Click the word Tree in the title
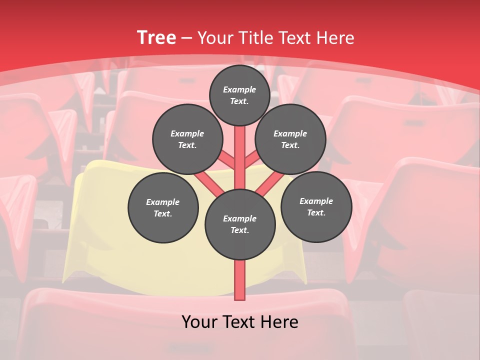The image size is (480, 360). (156, 37)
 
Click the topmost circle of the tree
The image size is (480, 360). (239, 95)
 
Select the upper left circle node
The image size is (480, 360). (187, 139)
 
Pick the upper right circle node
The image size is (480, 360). (290, 139)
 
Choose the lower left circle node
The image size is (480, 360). (163, 207)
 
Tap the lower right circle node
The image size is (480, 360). (316, 206)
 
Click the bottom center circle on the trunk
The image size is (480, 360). (240, 224)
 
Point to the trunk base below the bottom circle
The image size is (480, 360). (240, 280)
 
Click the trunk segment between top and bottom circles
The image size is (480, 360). (240, 160)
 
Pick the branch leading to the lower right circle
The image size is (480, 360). (269, 182)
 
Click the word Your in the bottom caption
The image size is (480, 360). (199, 322)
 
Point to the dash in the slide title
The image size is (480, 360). (186, 38)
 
